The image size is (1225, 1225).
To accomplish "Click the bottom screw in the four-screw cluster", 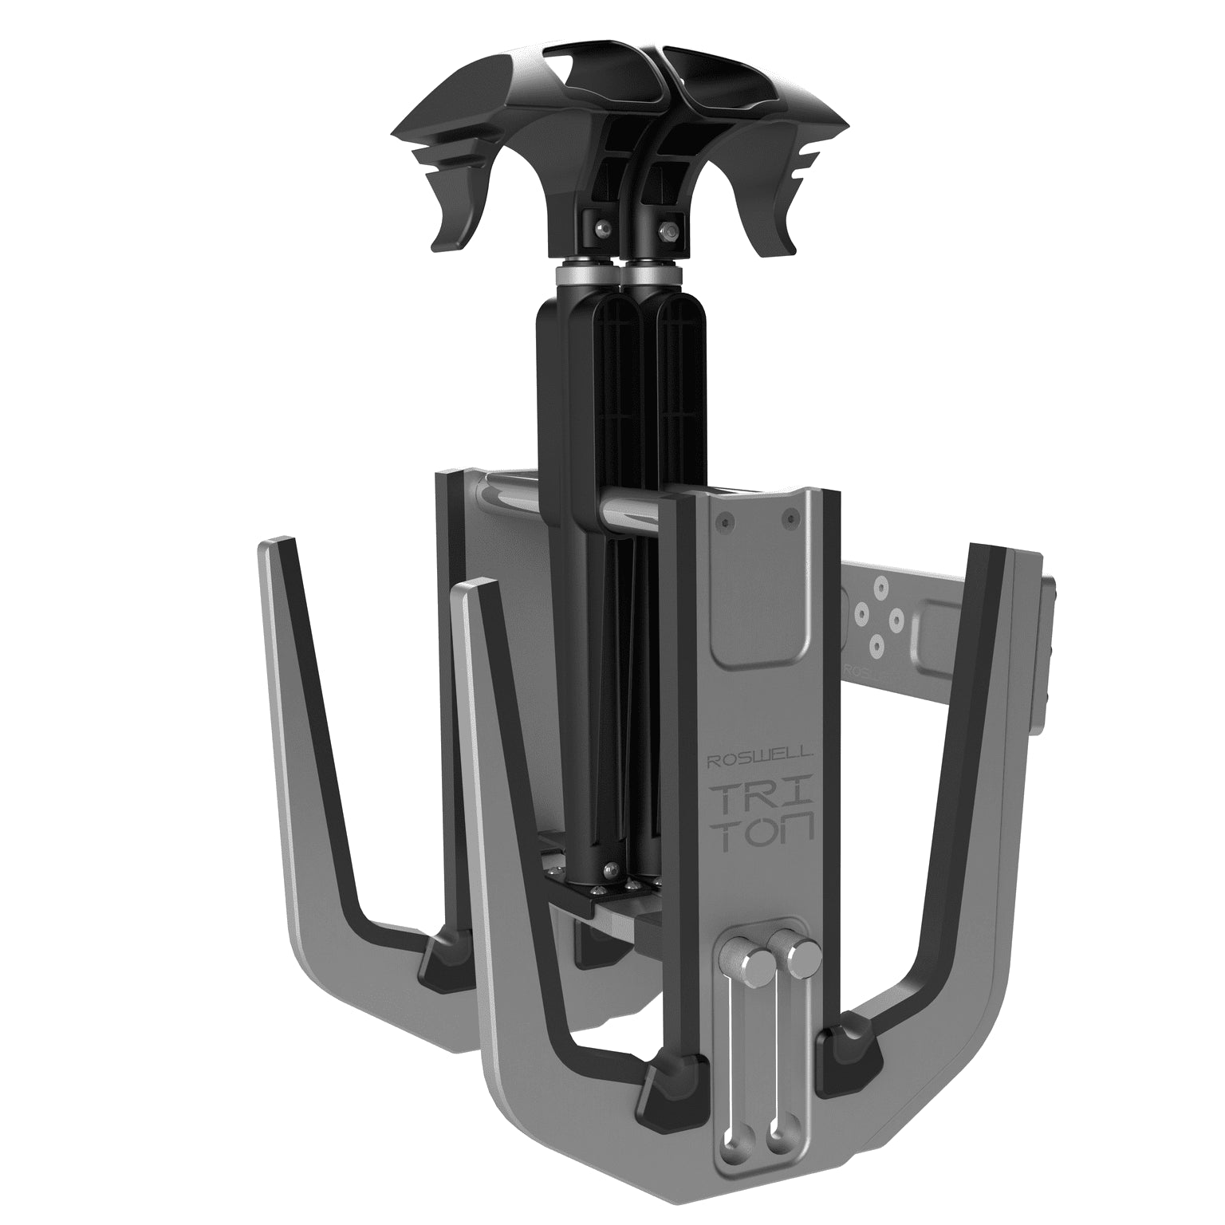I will pos(876,639).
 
